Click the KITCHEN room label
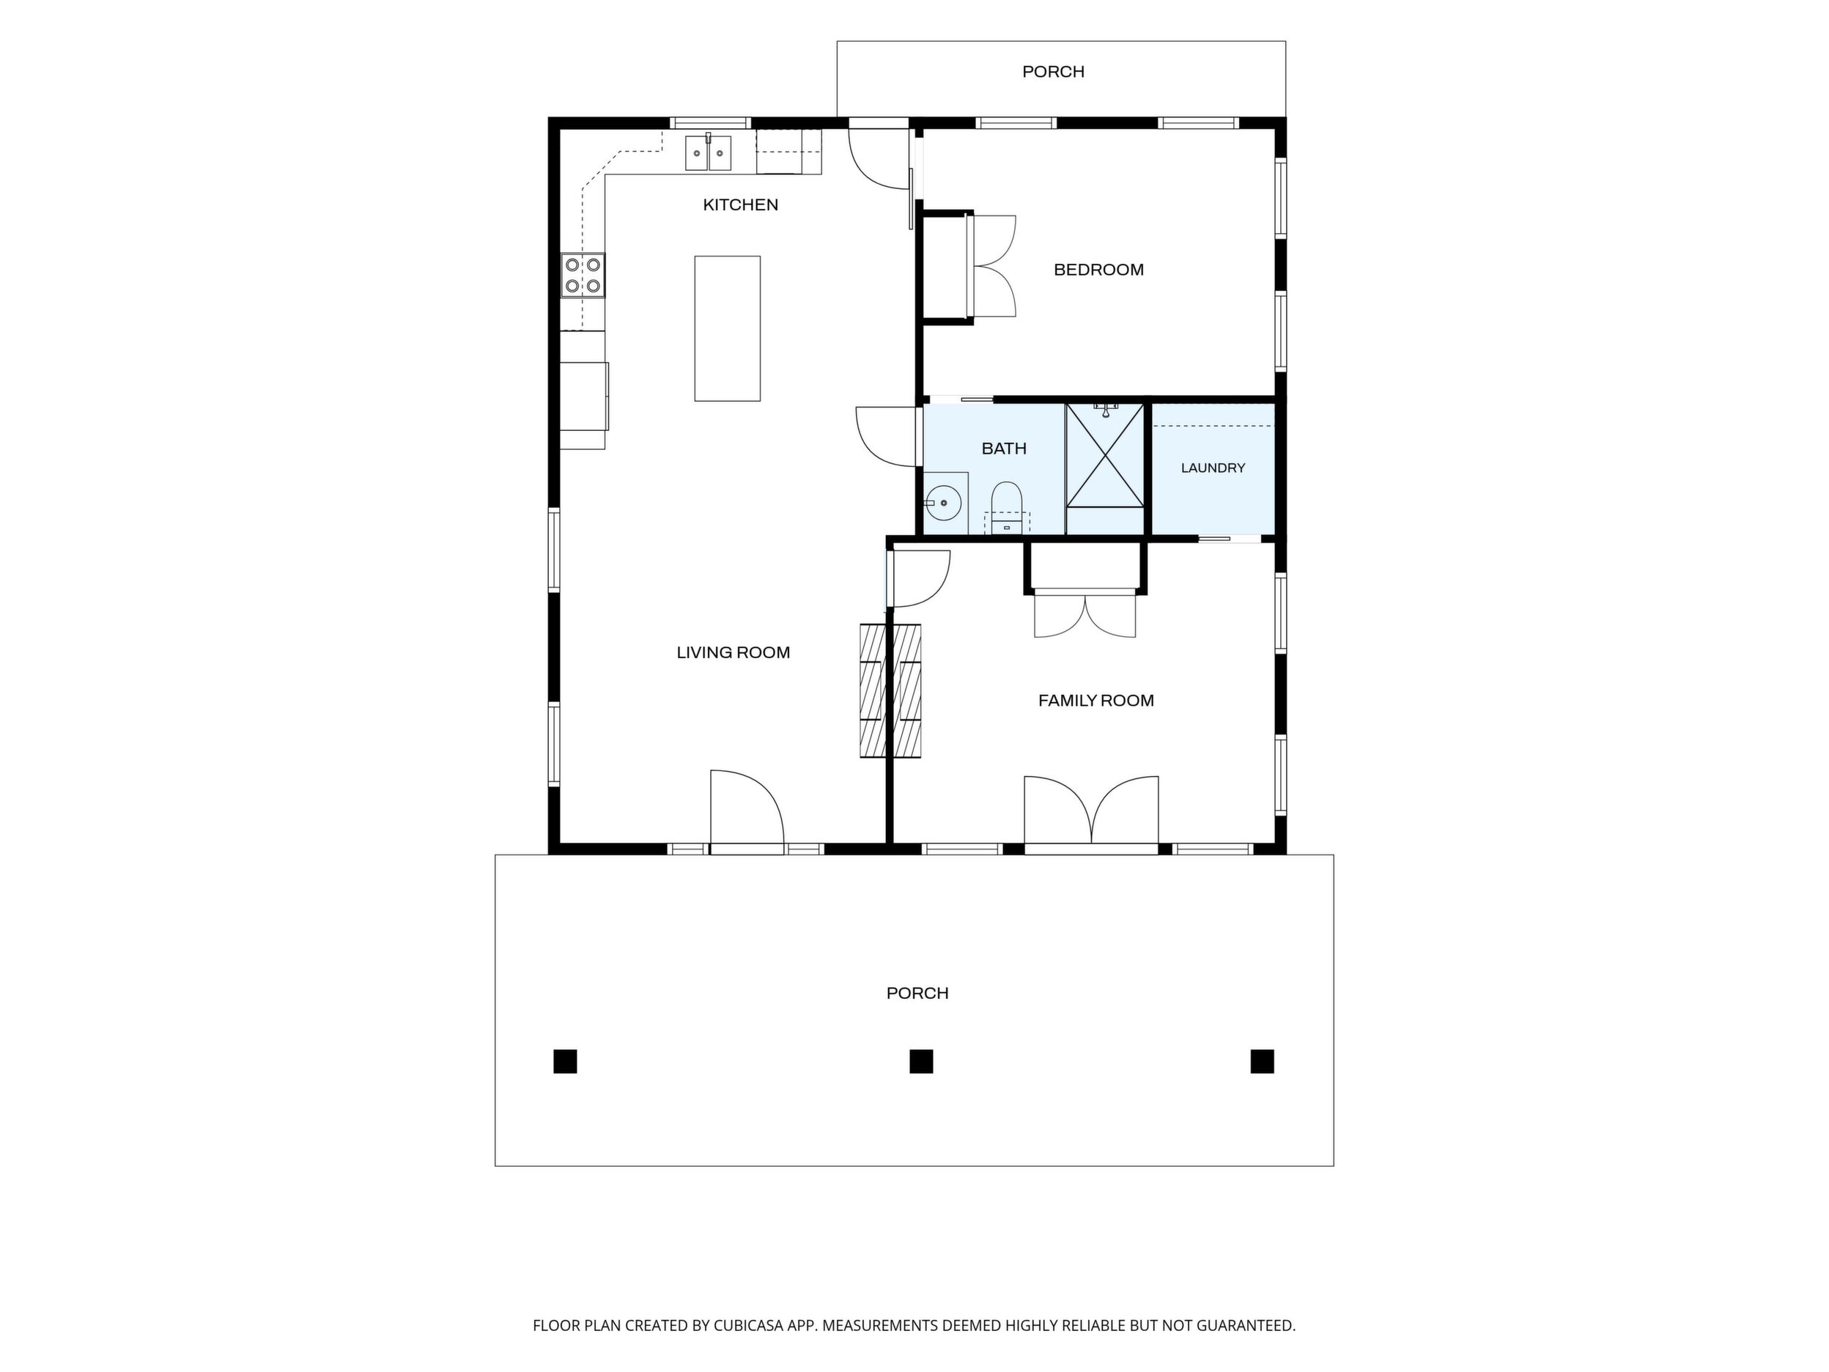click(740, 205)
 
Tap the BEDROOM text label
click(1098, 270)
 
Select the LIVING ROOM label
click(734, 652)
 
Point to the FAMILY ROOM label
click(1095, 701)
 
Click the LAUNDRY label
click(1212, 468)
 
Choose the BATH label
click(1004, 449)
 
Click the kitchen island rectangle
click(727, 328)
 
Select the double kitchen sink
click(708, 153)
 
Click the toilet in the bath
click(1006, 507)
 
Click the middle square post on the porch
click(921, 1061)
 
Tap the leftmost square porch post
click(565, 1061)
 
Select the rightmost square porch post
click(1262, 1061)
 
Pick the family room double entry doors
click(1091, 811)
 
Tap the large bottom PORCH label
click(917, 993)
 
